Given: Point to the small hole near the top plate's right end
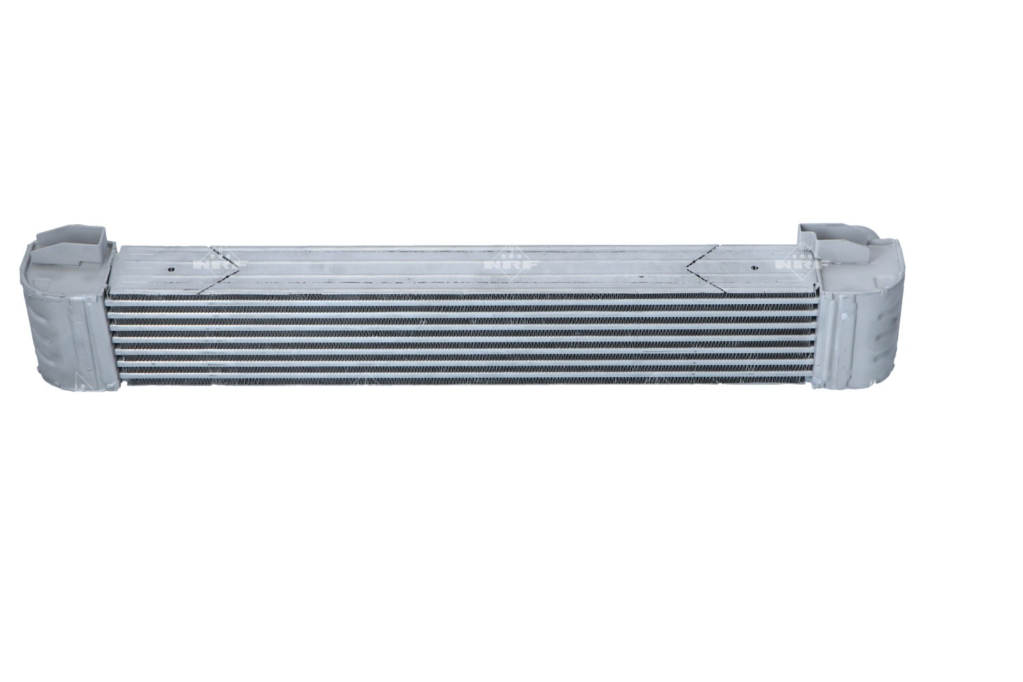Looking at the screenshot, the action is (x=754, y=267).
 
